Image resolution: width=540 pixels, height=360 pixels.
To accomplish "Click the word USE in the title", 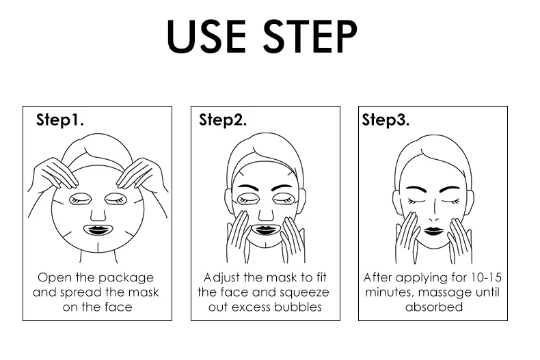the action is [206, 37].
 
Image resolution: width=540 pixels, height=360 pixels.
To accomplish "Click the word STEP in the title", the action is [310, 37].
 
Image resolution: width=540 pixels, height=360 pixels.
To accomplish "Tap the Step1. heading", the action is [60, 120].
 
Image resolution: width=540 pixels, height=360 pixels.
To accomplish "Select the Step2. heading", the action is [223, 120].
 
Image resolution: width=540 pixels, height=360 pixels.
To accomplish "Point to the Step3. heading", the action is [386, 120].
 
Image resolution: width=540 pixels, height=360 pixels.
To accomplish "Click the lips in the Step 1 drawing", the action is [98, 230].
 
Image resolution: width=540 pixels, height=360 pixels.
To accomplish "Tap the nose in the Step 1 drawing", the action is [98, 214].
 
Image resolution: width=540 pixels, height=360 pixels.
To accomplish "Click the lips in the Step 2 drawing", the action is [265, 230].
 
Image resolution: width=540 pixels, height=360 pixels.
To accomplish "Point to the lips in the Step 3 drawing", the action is [433, 230].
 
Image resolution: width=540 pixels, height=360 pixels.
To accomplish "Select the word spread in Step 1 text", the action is [81, 293].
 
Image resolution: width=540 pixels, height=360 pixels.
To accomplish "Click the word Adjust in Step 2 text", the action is [221, 278].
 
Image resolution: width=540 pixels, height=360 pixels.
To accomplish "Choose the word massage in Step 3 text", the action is [444, 293].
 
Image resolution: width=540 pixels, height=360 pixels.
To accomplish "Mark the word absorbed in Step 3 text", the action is [434, 307].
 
